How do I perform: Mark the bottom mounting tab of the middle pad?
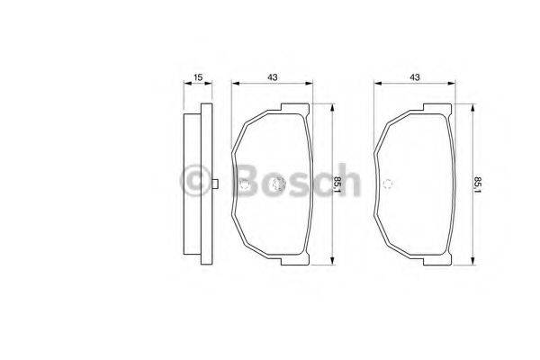pos(289,260)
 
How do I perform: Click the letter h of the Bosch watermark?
pos(346,183)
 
